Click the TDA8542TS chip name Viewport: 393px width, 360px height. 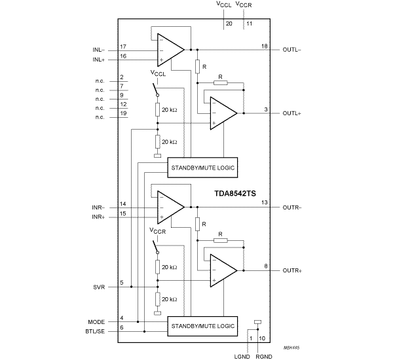pos(236,194)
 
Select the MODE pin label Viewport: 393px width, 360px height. pos(96,321)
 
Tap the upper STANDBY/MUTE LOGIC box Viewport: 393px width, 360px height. pos(202,168)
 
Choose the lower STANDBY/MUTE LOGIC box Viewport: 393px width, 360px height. pos(202,325)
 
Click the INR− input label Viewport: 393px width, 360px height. pos(101,207)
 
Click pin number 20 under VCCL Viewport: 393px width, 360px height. pos(229,24)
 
